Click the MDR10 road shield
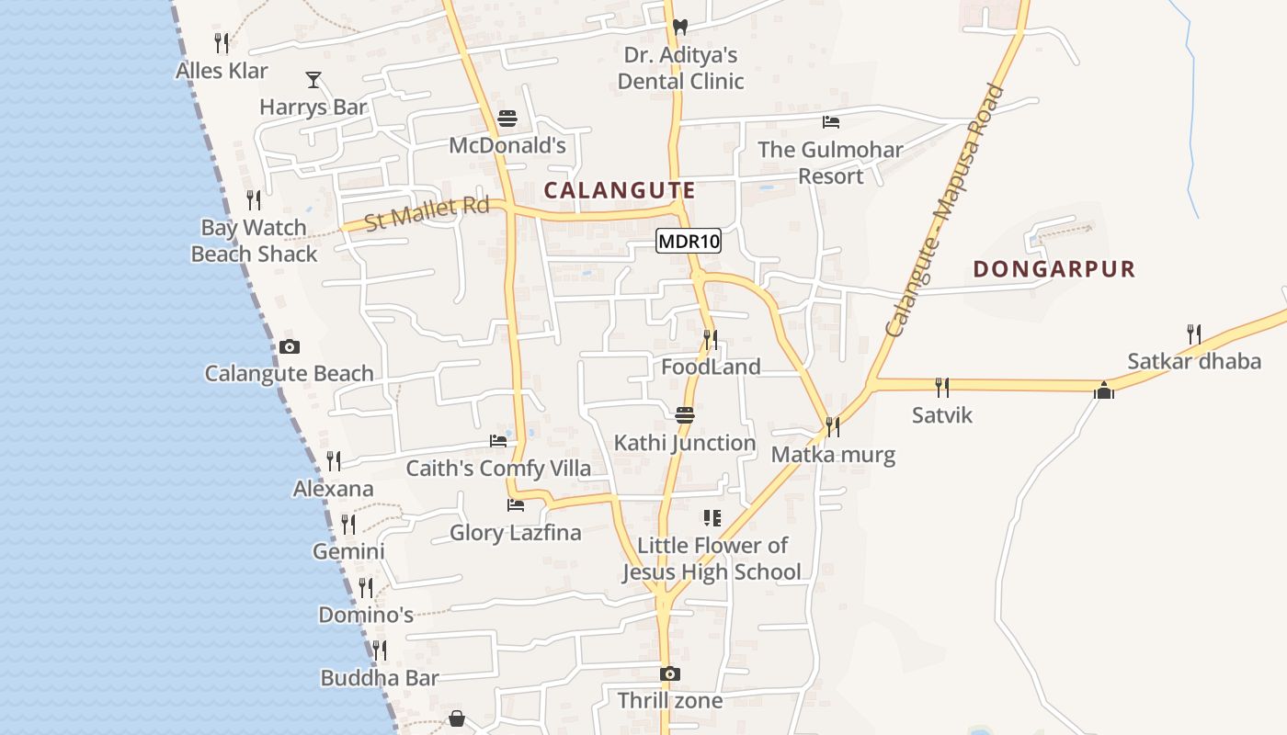(689, 242)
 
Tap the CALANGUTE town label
(619, 190)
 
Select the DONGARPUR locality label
(1054, 269)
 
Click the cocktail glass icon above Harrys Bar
(313, 80)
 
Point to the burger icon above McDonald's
(507, 119)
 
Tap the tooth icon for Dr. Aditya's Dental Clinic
(679, 28)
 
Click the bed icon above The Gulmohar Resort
(831, 122)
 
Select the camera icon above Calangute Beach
(290, 346)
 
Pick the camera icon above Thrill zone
(670, 673)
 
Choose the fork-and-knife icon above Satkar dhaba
(1193, 334)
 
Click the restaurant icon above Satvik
(941, 388)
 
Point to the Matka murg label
(833, 454)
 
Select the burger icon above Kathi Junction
(685, 415)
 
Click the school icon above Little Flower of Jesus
(712, 518)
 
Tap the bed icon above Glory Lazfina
(516, 505)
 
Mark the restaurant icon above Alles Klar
(222, 42)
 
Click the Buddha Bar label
(380, 678)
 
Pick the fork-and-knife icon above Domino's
(366, 587)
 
